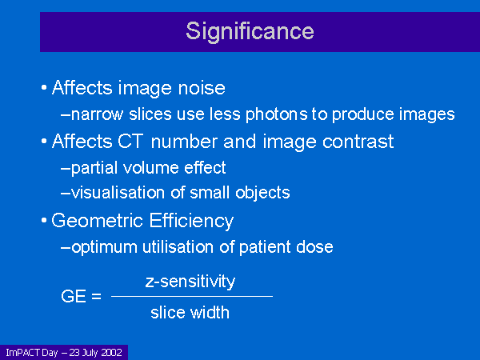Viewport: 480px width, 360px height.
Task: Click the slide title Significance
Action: point(250,32)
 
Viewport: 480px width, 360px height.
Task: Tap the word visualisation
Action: point(118,193)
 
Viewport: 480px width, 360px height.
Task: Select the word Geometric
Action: point(98,221)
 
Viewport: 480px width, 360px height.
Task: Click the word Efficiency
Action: point(192,221)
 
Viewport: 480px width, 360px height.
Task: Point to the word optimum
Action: point(104,247)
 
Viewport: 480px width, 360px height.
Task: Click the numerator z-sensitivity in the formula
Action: point(190,282)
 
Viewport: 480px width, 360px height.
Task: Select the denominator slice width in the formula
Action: point(190,312)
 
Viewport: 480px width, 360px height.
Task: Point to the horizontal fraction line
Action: point(192,296)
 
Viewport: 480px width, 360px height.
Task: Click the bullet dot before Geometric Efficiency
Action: point(44,221)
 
